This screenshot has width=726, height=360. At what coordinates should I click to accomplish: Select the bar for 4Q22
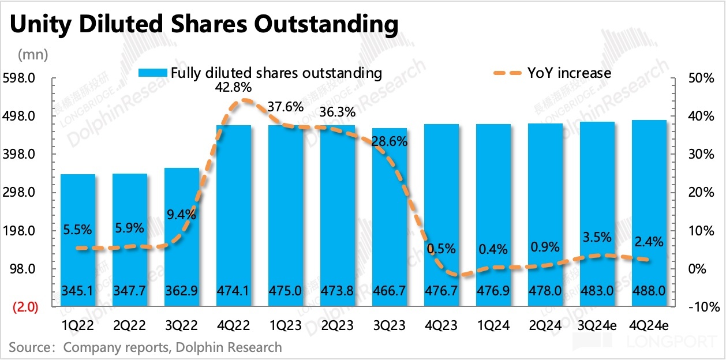pos(233,213)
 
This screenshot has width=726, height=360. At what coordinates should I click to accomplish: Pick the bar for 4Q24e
pos(649,211)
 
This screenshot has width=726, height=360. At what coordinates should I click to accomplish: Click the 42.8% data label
pos(234,88)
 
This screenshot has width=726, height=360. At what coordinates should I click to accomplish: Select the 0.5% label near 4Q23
pos(441,249)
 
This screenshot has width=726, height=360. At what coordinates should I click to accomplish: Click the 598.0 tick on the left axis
pos(23,78)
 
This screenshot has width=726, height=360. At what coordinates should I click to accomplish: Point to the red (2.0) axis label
pos(24,307)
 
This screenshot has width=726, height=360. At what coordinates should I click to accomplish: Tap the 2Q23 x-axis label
pos(337,326)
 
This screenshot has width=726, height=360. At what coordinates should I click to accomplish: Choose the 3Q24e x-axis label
pos(597,326)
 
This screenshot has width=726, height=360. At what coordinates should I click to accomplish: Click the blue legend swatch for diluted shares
pos(152,73)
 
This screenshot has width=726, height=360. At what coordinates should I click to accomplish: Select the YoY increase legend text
pos(569,73)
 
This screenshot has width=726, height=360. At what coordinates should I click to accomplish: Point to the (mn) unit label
pos(33,55)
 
